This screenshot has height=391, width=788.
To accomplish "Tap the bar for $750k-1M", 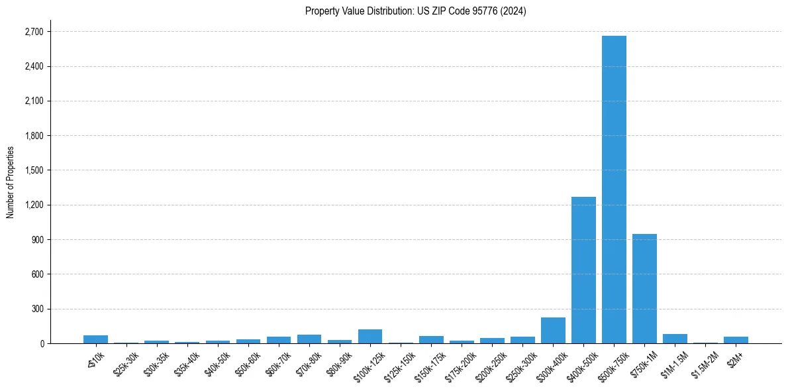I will click(x=644, y=288).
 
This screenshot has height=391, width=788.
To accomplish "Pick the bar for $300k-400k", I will click(x=553, y=330).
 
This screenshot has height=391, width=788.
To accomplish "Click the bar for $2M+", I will click(x=736, y=340).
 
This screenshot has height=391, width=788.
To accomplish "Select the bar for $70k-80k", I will click(x=309, y=339).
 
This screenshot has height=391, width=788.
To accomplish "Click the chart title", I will click(x=415, y=11).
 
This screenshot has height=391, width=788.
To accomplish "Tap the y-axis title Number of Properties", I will click(x=11, y=182).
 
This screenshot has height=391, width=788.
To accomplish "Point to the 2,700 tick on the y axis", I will click(x=33, y=32).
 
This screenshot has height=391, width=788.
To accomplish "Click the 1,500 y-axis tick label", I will click(x=33, y=170).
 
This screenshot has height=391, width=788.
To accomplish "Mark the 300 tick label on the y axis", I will click(x=37, y=309).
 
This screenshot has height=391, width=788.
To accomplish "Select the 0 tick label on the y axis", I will click(x=42, y=343).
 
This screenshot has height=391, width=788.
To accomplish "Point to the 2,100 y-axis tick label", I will click(x=33, y=101).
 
